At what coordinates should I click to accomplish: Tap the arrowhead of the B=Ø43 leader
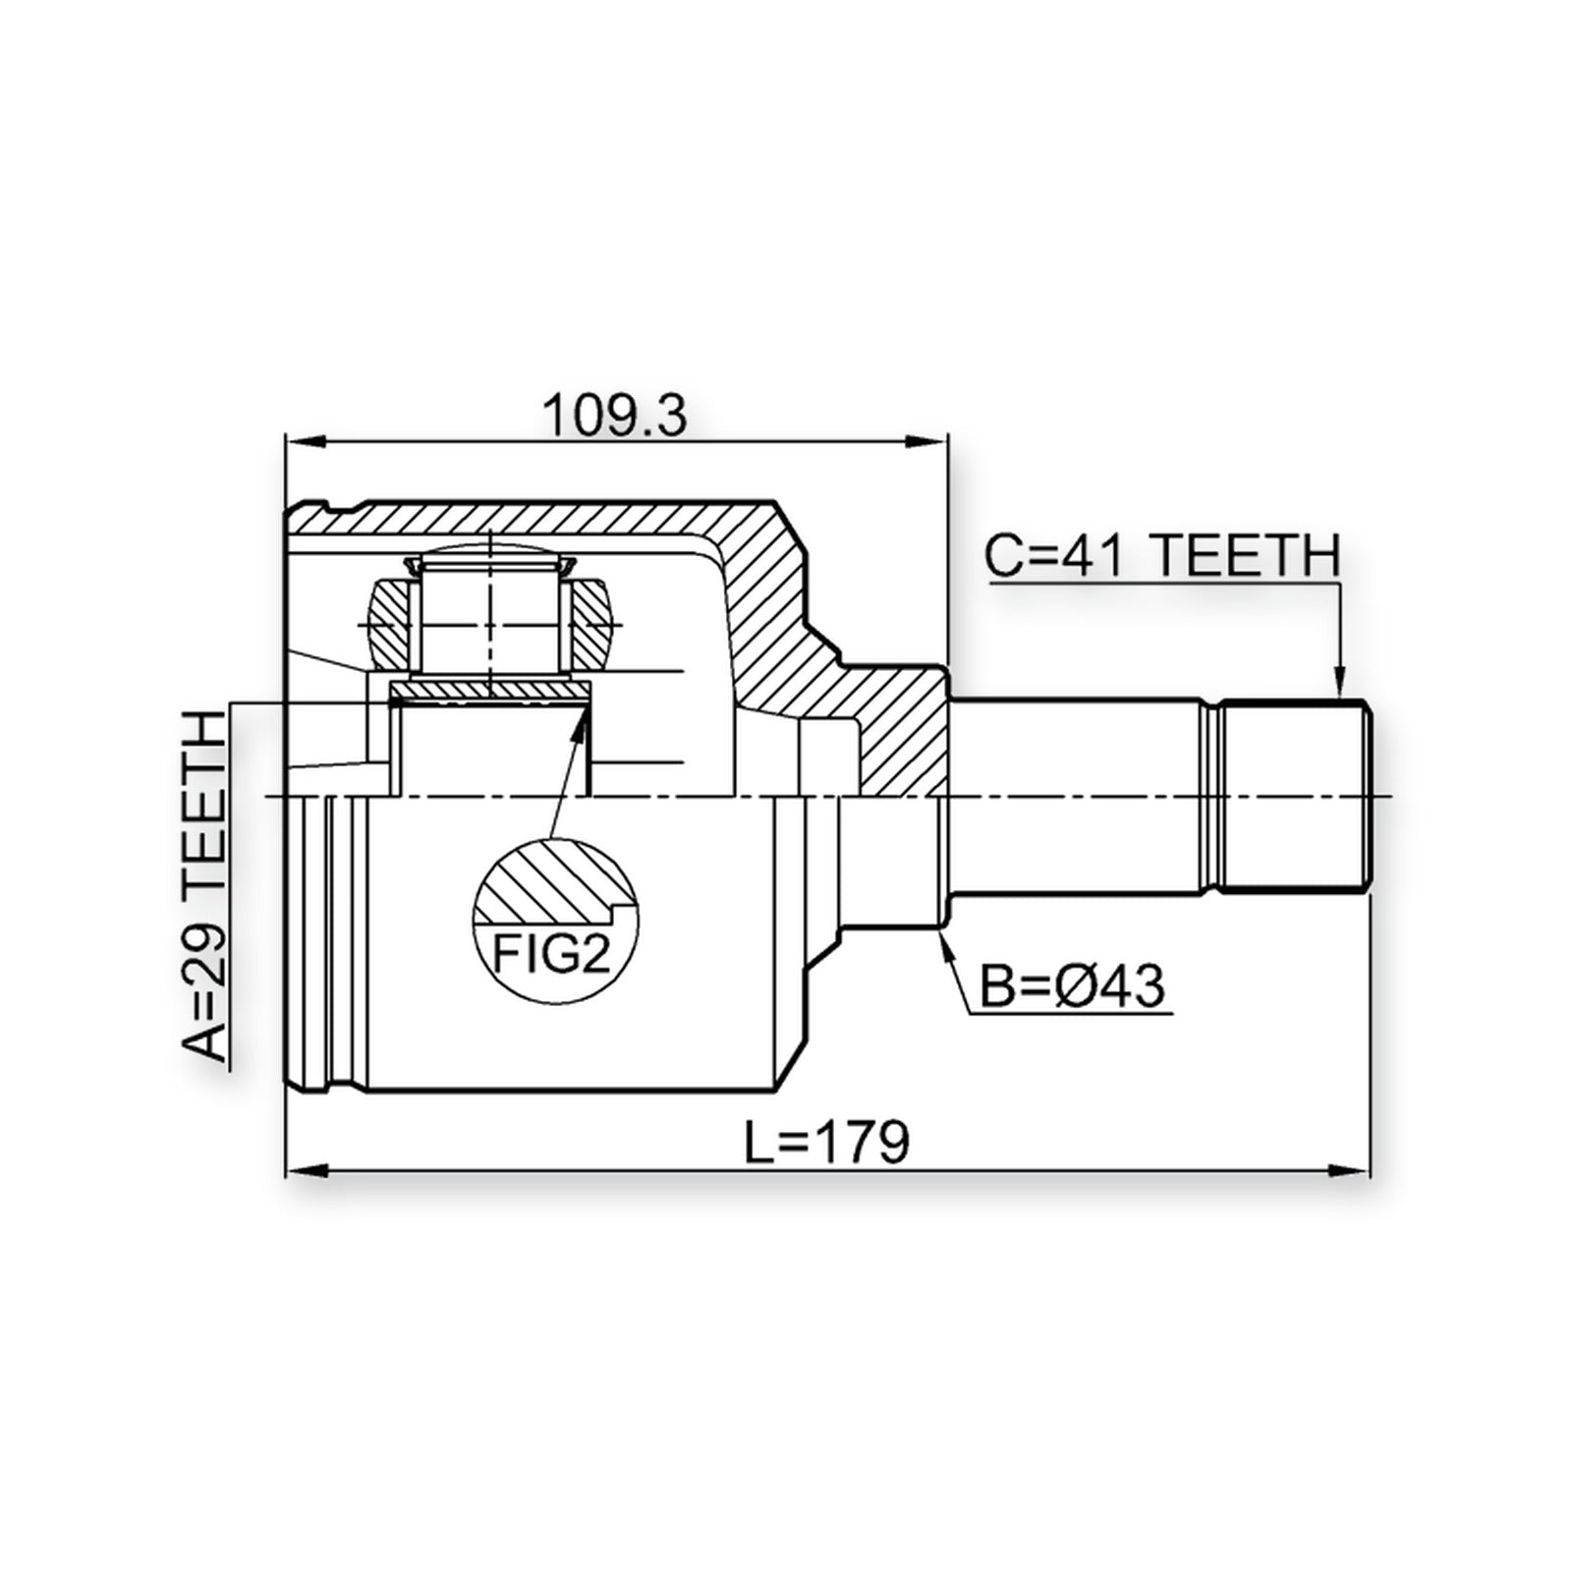tap(943, 936)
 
